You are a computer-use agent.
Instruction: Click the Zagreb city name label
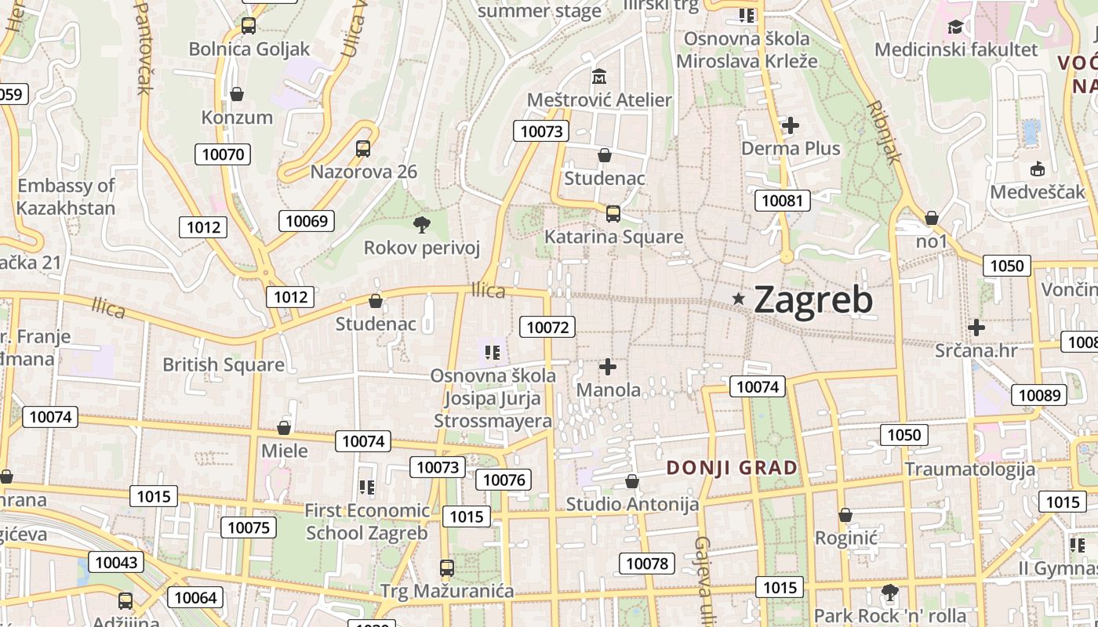[x=813, y=299]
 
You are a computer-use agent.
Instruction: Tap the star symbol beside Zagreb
[x=738, y=299]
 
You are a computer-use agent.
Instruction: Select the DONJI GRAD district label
[x=732, y=468]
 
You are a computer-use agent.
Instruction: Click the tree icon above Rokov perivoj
[x=421, y=225]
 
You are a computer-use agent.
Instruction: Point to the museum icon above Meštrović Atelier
[x=600, y=77]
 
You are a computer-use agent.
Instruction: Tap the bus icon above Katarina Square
[x=613, y=213]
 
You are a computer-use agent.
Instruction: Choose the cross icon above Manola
[x=608, y=366]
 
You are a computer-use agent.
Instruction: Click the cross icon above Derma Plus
[x=791, y=125]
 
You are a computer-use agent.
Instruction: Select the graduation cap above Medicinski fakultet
[x=955, y=27]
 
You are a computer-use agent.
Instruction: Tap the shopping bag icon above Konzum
[x=237, y=94]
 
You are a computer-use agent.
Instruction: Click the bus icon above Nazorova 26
[x=363, y=148]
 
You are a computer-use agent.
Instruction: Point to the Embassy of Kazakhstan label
[x=66, y=197]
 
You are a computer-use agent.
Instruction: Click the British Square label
[x=224, y=364]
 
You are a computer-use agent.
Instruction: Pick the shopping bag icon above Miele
[x=284, y=428]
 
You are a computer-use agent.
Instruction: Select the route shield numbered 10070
[x=223, y=154]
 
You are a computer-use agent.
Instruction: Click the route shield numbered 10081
[x=782, y=201]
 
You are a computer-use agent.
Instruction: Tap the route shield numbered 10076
[x=504, y=480]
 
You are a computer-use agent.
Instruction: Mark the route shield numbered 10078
[x=646, y=564]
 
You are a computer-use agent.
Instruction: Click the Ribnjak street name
[x=885, y=131]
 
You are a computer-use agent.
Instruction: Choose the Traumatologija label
[x=970, y=469]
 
